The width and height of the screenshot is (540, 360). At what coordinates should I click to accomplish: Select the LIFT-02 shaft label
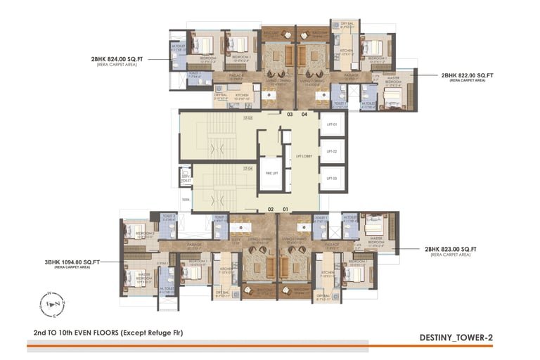tap(333, 151)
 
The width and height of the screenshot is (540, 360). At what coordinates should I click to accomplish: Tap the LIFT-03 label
tap(333, 179)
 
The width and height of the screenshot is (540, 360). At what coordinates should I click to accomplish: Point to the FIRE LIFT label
tap(268, 172)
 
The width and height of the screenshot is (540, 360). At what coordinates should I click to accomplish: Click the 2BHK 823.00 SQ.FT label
tap(451, 249)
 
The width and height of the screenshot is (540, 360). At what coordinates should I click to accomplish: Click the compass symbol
tap(53, 303)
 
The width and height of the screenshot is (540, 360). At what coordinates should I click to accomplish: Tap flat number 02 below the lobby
tap(271, 209)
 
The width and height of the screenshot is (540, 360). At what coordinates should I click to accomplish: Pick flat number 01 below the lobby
tap(285, 209)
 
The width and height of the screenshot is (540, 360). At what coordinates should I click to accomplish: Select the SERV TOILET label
tap(186, 178)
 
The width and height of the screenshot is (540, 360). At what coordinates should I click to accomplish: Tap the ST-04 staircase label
tap(248, 169)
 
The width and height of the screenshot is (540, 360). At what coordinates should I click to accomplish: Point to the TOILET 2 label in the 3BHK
tap(168, 217)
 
